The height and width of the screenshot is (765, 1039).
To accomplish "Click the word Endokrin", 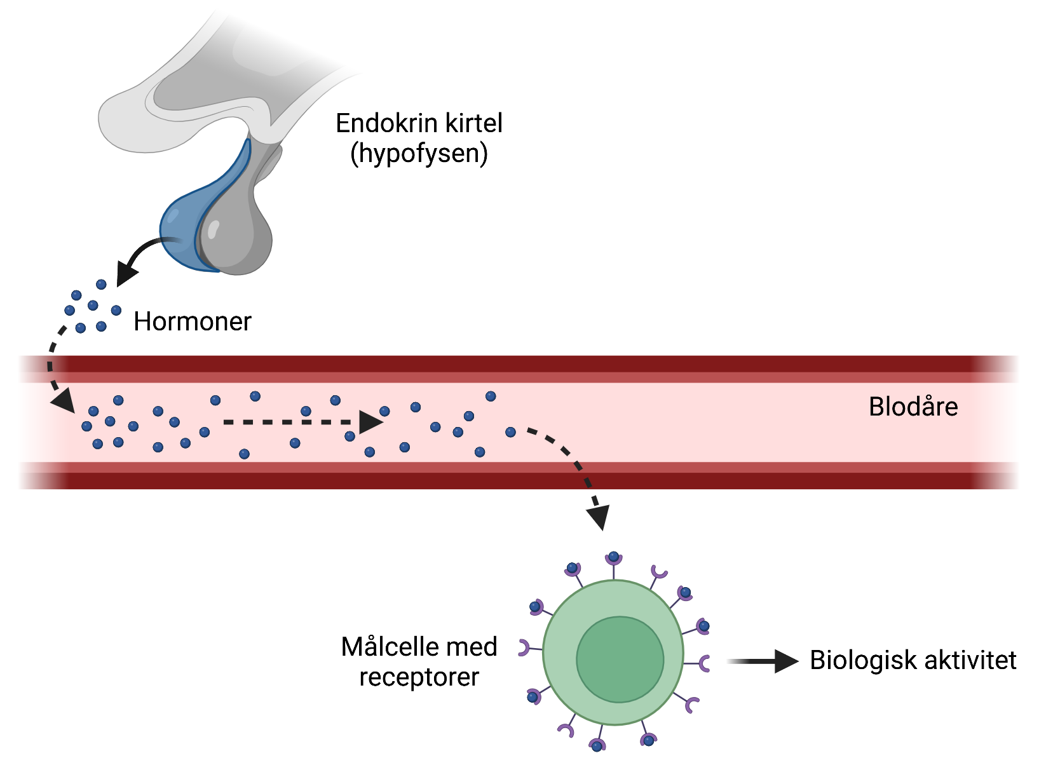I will [379, 123].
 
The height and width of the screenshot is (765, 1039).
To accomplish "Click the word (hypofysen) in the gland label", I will [419, 154].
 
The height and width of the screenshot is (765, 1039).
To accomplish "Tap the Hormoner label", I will [192, 322].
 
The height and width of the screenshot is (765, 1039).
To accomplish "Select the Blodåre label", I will [913, 407].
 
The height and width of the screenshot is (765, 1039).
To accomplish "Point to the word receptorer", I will [419, 677].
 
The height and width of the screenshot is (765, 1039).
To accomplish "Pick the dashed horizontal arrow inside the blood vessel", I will [299, 422].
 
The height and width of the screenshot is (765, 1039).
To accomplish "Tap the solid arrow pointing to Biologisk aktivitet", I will [763, 661].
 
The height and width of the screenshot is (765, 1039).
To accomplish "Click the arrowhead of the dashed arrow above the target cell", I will [599, 518].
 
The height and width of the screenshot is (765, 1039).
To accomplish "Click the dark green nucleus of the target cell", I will [620, 660].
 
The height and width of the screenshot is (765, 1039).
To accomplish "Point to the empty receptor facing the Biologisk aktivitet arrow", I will [704, 663].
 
